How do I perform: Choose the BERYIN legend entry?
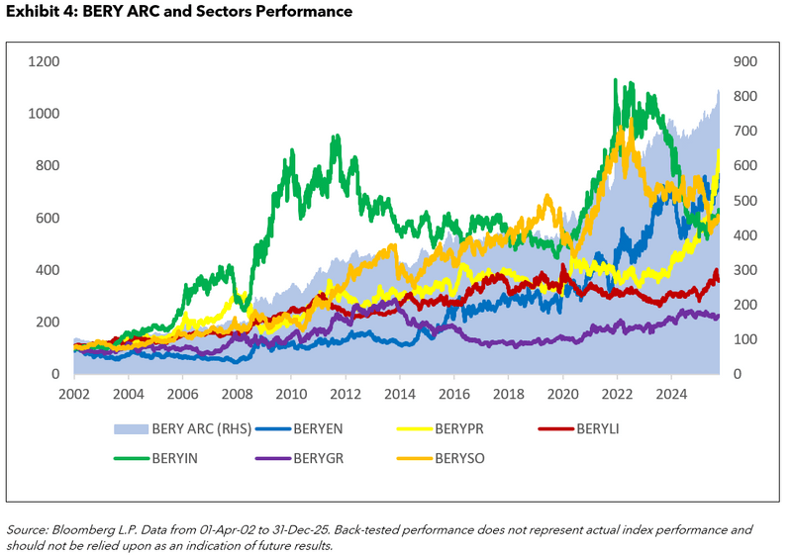tap(181, 458)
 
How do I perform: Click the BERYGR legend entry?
tap(321, 458)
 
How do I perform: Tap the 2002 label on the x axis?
tap(74, 393)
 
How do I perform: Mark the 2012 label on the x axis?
tap(346, 393)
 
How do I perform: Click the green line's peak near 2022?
tap(616, 80)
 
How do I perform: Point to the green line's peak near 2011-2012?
tap(337, 137)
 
